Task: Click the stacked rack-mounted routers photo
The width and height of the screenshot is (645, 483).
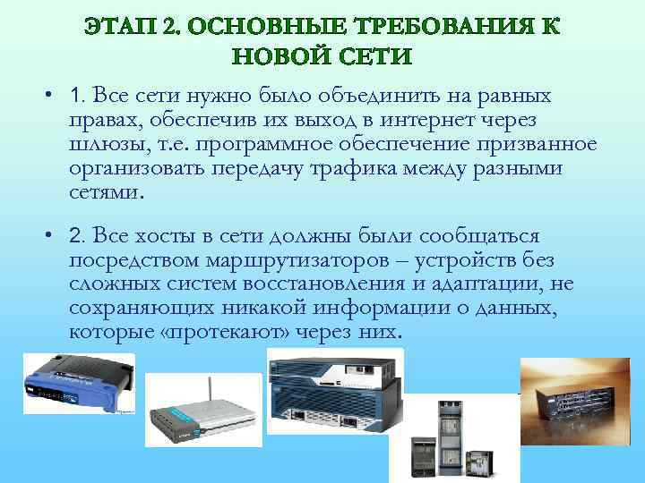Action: click(334, 389)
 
